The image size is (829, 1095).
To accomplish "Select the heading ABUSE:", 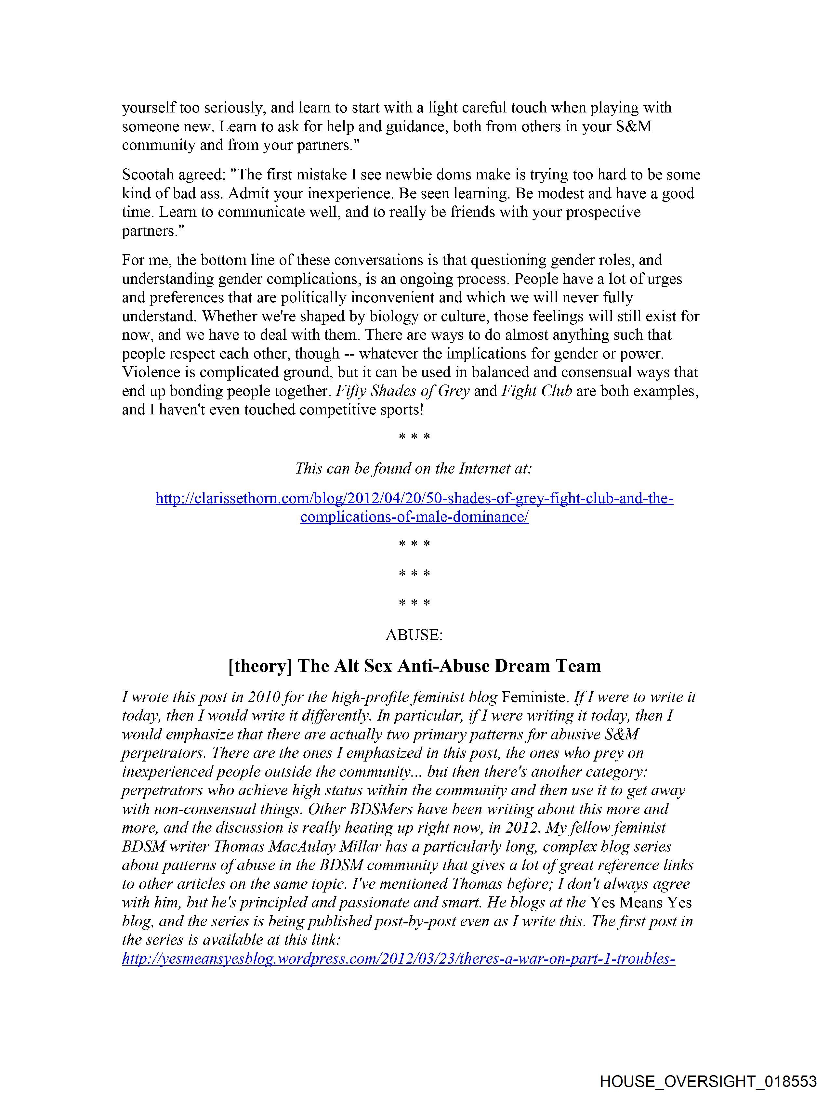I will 414,635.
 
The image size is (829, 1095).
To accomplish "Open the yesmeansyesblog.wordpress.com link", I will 399,959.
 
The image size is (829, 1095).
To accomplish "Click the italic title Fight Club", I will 537,391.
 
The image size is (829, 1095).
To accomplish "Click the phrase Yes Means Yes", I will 641,903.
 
